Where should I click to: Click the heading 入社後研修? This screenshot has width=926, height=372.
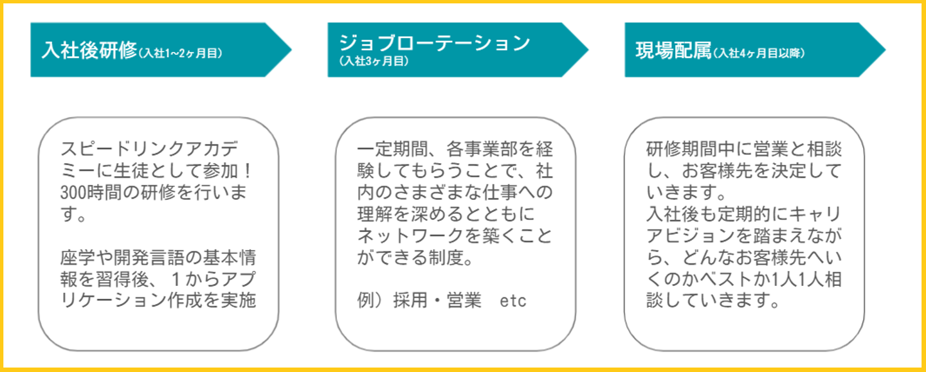click(x=89, y=50)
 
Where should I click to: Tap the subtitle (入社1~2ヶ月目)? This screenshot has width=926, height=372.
click(x=180, y=53)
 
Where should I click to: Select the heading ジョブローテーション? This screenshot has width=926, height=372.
click(x=435, y=43)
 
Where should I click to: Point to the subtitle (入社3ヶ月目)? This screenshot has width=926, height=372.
click(x=374, y=61)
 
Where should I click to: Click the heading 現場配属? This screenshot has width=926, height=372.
click(x=673, y=51)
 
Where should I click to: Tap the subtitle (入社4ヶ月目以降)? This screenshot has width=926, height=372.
click(x=759, y=53)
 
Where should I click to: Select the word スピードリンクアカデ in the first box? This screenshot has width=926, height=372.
click(x=149, y=149)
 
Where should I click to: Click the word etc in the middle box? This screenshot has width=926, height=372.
click(x=513, y=301)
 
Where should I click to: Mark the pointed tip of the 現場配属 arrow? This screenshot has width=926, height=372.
click(x=885, y=50)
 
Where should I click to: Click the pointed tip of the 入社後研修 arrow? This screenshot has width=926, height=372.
click(x=291, y=50)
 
